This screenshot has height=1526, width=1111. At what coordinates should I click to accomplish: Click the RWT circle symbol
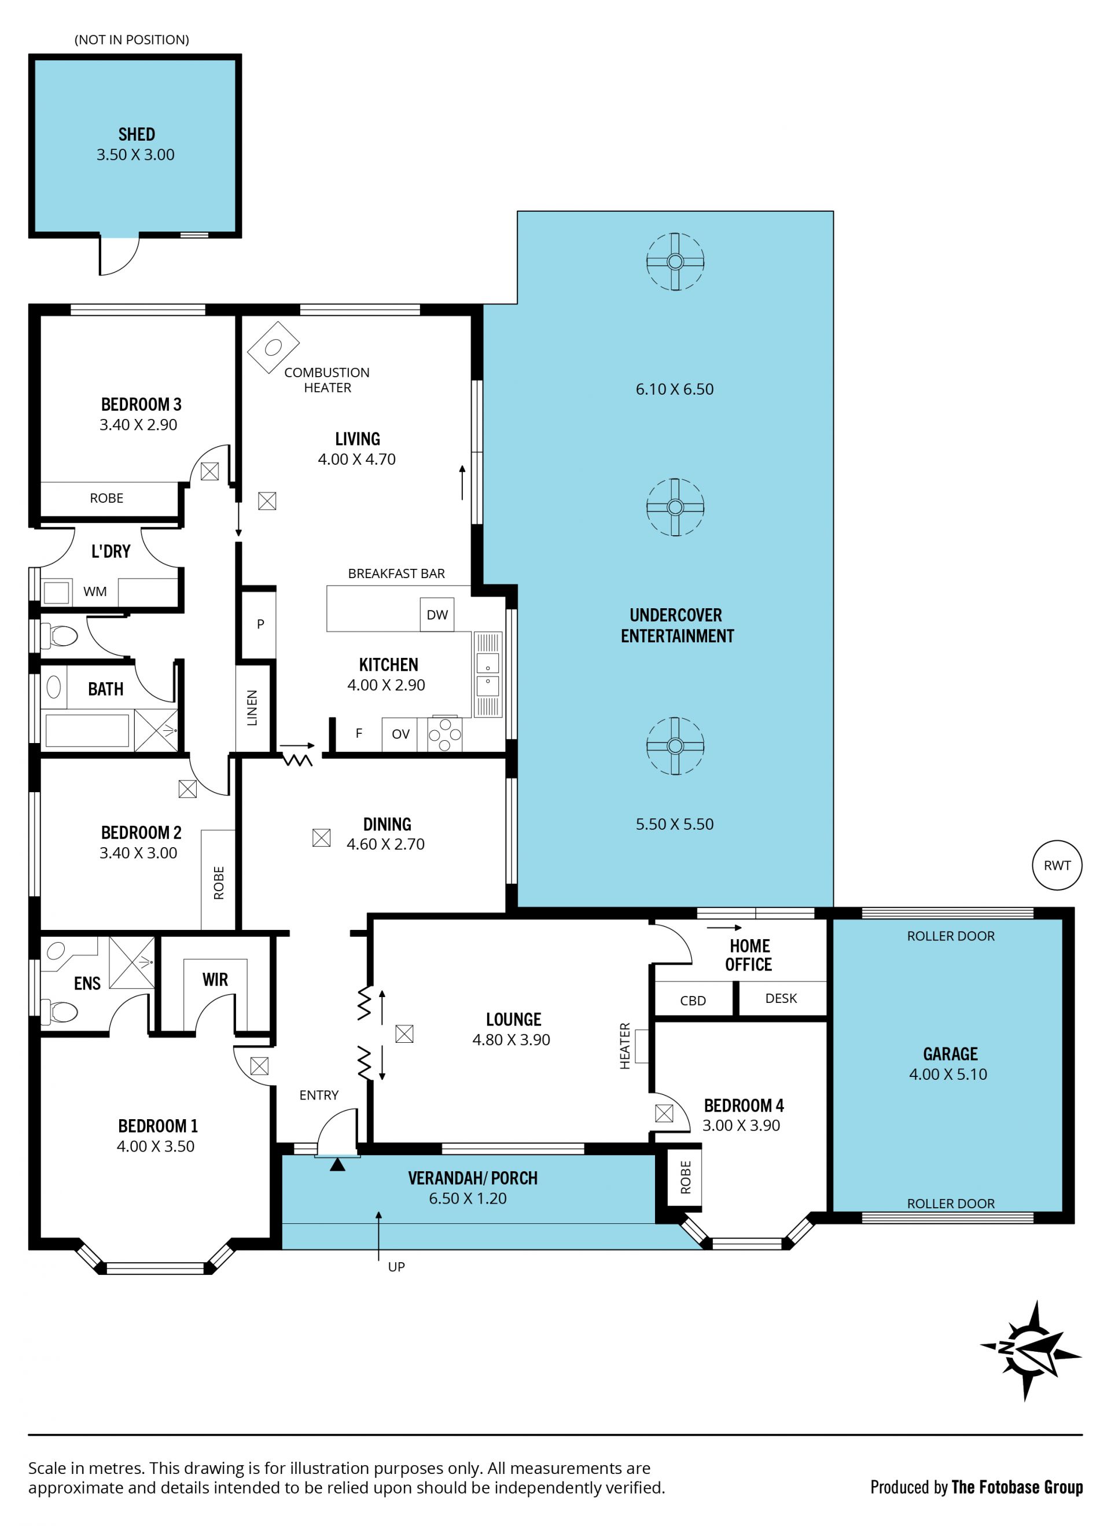point(1057,865)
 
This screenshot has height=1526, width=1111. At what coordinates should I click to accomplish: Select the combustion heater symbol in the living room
point(273,347)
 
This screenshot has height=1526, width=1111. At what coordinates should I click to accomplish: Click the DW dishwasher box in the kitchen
point(437,615)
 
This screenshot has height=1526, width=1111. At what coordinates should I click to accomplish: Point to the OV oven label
point(400,734)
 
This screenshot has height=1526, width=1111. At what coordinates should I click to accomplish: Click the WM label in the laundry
point(95,591)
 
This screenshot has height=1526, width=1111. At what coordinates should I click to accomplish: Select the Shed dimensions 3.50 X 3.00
point(135,155)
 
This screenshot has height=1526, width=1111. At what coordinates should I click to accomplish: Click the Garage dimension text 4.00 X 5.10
point(948,1074)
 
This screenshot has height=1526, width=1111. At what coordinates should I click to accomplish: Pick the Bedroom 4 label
point(744,1105)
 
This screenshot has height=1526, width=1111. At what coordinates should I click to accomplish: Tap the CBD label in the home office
point(693,1001)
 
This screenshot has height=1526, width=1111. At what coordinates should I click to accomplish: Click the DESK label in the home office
point(781,998)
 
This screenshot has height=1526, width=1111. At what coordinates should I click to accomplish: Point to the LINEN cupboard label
point(252,708)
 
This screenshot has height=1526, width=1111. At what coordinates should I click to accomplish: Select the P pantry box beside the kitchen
point(259,623)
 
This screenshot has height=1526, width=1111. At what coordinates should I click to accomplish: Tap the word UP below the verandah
point(396,1267)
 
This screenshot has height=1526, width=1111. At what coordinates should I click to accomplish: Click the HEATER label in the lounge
point(624,1046)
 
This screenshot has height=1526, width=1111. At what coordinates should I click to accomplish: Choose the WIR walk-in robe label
point(215,980)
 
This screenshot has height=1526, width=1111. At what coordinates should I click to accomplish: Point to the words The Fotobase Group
point(1017,1488)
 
